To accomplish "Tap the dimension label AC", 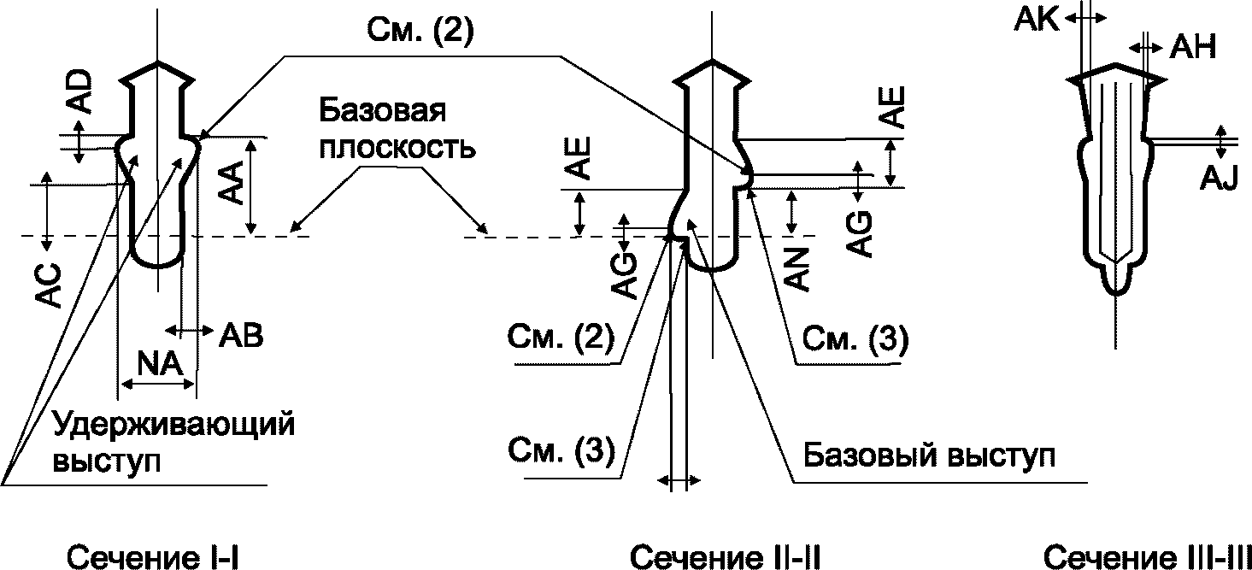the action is pyautogui.click(x=49, y=285).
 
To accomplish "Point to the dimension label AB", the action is pyautogui.click(x=240, y=335).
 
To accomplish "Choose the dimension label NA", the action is pyautogui.click(x=161, y=364).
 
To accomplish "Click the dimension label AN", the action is pyautogui.click(x=797, y=269).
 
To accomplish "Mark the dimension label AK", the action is pyautogui.click(x=1037, y=21).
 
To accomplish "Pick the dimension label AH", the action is pyautogui.click(x=1193, y=47).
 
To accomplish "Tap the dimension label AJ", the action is pyautogui.click(x=1219, y=179).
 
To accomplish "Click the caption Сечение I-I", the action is pyautogui.click(x=153, y=556).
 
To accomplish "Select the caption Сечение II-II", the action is pyautogui.click(x=726, y=556).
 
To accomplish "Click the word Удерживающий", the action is pyautogui.click(x=173, y=426).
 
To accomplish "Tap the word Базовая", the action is pyautogui.click(x=382, y=110).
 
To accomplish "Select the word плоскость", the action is pyautogui.click(x=397, y=149).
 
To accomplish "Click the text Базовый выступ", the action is pyautogui.click(x=929, y=455).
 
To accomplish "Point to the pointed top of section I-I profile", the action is pyautogui.click(x=158, y=62).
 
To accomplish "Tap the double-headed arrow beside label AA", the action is pyautogui.click(x=251, y=186).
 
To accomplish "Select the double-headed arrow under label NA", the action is pyautogui.click(x=159, y=384).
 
